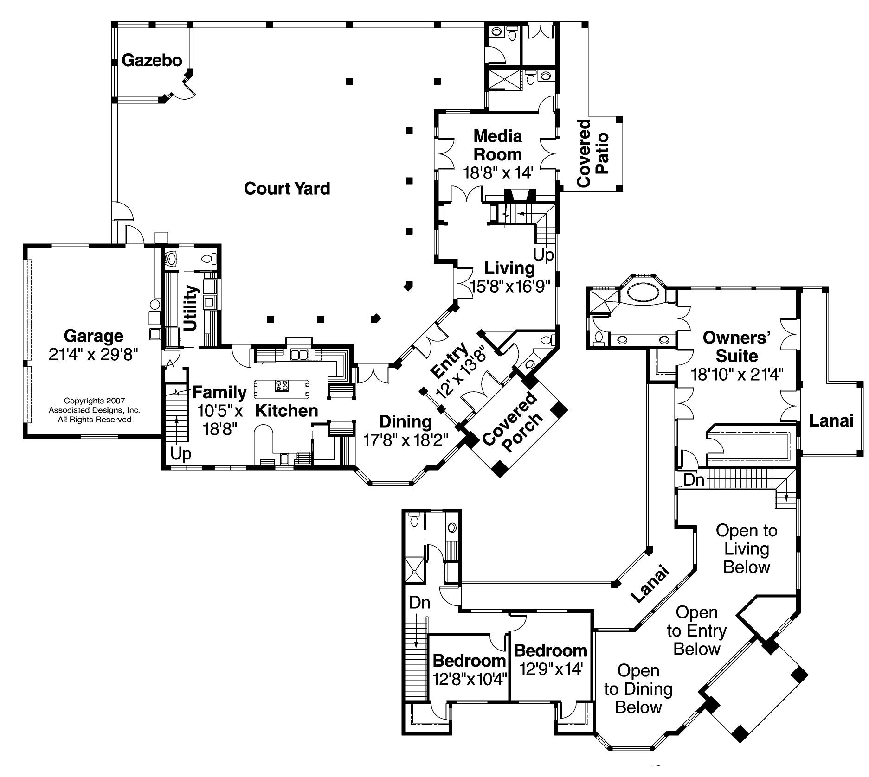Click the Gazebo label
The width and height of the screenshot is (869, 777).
(x=152, y=60)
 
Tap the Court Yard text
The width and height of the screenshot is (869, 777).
(x=287, y=188)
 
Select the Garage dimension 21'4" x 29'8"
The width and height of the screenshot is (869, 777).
(x=93, y=355)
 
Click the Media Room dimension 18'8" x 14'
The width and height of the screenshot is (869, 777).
(x=498, y=173)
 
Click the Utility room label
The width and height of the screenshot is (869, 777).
(x=192, y=308)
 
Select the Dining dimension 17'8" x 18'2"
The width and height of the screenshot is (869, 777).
(x=406, y=439)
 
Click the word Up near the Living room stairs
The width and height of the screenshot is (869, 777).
(x=543, y=255)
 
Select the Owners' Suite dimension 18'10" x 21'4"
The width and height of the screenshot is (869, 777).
(x=737, y=374)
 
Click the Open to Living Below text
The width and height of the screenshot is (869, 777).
(x=746, y=548)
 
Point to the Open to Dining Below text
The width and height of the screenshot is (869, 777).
(x=638, y=689)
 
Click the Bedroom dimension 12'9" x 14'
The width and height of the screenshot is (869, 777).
(x=551, y=669)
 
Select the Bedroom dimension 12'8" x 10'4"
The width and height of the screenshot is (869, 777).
(x=469, y=679)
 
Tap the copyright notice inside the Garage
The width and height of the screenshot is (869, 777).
(x=94, y=410)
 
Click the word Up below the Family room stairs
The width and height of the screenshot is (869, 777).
(x=180, y=453)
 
